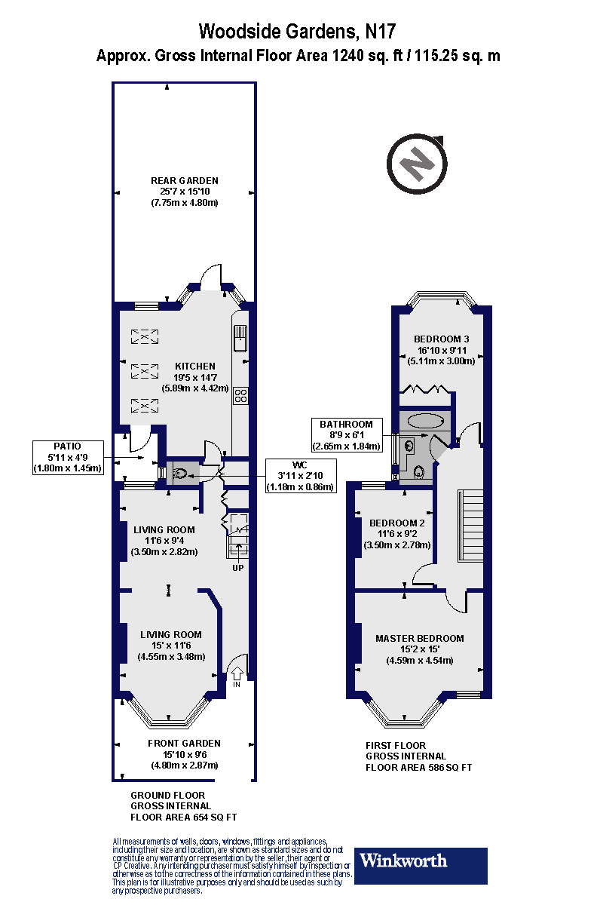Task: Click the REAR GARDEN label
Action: pyautogui.click(x=185, y=180)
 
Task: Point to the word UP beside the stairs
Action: pyautogui.click(x=237, y=567)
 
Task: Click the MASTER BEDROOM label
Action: pyautogui.click(x=420, y=638)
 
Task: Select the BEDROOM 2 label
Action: pyautogui.click(x=397, y=523)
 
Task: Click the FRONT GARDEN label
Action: pyautogui.click(x=185, y=743)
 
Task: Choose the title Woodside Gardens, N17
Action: pyautogui.click(x=297, y=32)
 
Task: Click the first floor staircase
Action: pyautogui.click(x=471, y=524)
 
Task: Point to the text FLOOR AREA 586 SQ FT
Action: pyautogui.click(x=419, y=768)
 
